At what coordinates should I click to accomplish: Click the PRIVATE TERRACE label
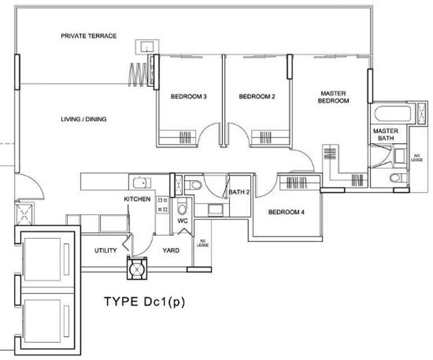tap(89, 36)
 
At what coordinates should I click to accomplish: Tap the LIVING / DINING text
tap(84, 119)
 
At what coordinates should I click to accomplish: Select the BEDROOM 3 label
tap(189, 97)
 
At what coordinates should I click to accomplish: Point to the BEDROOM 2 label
tap(257, 97)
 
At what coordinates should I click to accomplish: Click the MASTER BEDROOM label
tap(334, 97)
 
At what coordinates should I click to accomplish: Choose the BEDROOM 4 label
tap(286, 212)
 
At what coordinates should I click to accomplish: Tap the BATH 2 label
tap(239, 192)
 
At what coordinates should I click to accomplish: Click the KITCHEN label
tap(137, 199)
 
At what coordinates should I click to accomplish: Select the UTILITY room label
tap(105, 250)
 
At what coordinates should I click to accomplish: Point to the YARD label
tap(171, 250)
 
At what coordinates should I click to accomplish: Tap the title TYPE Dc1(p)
tap(145, 302)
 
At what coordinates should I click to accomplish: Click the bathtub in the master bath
tap(393, 114)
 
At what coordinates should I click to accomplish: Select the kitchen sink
tap(141, 182)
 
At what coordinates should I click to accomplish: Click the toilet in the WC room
tap(182, 208)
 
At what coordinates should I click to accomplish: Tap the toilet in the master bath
tap(397, 178)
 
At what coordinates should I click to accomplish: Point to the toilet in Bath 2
tap(195, 184)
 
